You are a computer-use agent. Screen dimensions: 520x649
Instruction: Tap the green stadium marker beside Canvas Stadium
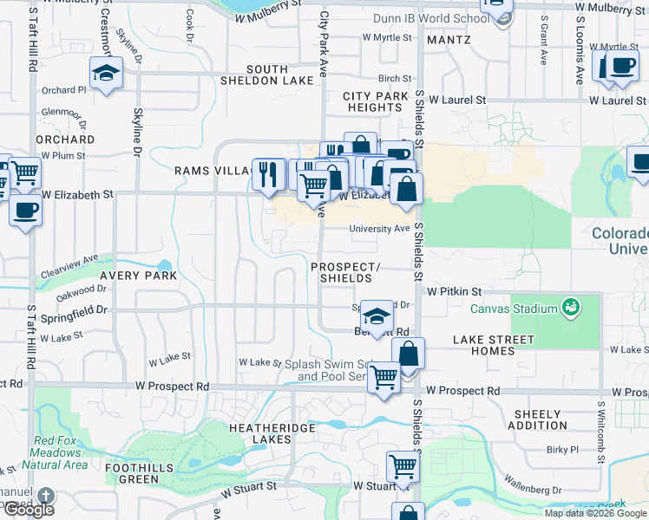(570, 307)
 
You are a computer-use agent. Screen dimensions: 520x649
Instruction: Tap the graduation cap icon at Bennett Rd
(376, 316)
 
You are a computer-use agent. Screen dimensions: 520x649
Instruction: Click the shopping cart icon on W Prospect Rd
(383, 378)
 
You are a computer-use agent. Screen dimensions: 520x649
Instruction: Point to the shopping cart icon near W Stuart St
(403, 466)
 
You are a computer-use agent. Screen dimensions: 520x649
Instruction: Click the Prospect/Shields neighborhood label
(345, 272)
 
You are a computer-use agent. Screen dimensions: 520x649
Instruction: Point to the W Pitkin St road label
(454, 292)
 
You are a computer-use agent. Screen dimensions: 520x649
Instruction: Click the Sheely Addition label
(541, 419)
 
